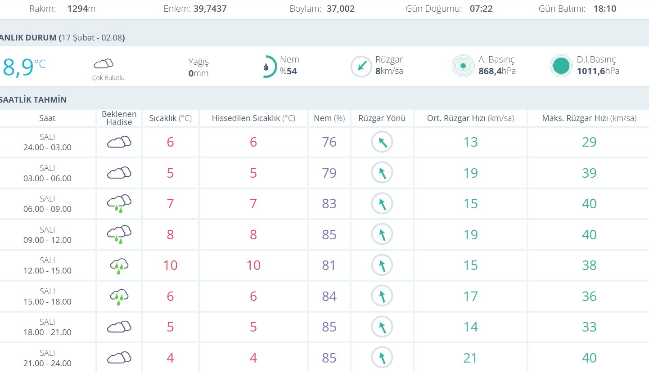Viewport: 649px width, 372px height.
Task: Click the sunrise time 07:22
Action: click(481, 9)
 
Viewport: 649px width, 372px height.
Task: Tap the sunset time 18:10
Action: click(604, 9)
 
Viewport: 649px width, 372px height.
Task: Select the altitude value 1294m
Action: click(81, 9)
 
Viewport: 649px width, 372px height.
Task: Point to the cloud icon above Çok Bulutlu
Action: click(104, 63)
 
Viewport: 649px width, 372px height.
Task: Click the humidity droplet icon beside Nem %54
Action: click(266, 67)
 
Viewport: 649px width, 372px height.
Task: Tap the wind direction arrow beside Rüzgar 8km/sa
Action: click(361, 67)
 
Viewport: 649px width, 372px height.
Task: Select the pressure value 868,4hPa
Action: click(497, 71)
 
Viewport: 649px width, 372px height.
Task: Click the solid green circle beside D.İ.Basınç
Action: click(561, 66)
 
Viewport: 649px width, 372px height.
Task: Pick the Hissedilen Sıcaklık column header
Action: click(253, 118)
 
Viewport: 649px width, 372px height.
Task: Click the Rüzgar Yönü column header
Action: click(382, 118)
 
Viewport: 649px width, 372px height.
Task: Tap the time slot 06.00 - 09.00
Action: click(47, 209)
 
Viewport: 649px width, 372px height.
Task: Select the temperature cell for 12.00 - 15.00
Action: click(170, 265)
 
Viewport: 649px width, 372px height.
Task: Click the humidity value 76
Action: click(329, 142)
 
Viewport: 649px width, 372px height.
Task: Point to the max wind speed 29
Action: click(589, 142)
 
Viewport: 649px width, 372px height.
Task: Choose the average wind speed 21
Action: click(470, 358)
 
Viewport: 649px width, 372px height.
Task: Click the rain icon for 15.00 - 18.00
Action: click(119, 296)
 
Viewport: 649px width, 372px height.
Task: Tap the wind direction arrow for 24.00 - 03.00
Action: click(382, 142)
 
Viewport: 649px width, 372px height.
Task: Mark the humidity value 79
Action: click(329, 173)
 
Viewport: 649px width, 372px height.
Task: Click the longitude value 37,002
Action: click(341, 9)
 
